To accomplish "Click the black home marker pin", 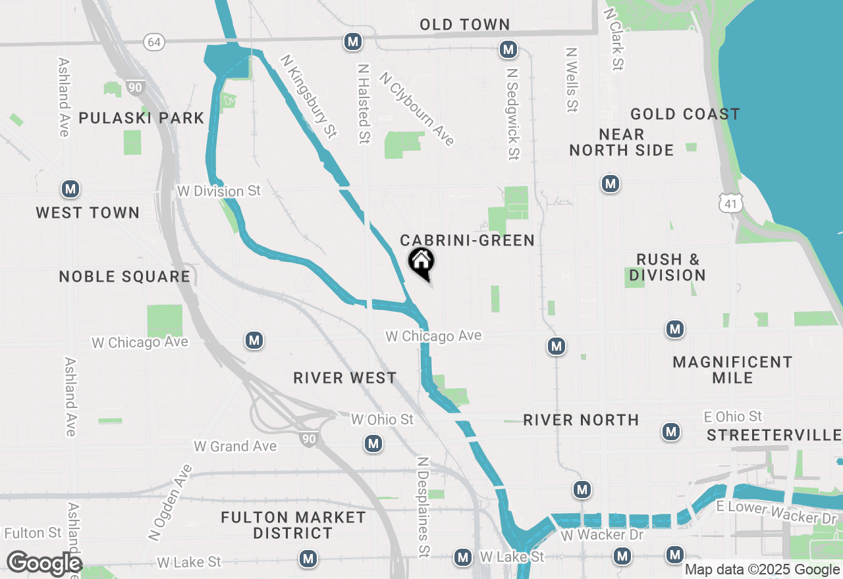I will tap(421, 263).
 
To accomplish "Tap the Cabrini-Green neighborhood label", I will tap(467, 240).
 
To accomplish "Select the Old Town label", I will tap(465, 24).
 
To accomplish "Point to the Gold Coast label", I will tap(685, 114).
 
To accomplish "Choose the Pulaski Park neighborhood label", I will tap(142, 118).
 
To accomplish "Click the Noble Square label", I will tap(124, 276).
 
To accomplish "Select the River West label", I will tap(345, 378).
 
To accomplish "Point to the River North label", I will tap(581, 420).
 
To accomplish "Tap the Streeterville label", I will tap(774, 435).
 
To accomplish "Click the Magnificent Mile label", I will tap(732, 370).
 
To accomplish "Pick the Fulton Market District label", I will tap(293, 525).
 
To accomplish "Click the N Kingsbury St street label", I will tap(308, 96).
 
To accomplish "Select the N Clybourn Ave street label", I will tap(416, 109).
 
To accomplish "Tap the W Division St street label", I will tap(219, 191).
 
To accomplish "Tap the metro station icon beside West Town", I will tap(70, 189).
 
